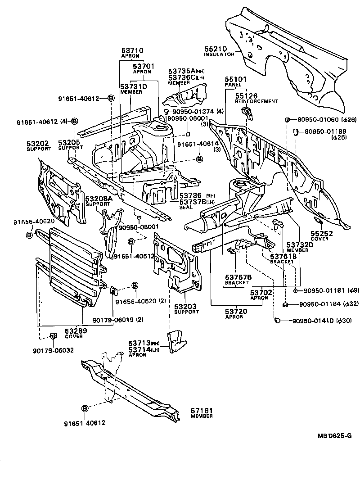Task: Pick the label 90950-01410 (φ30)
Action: click(x=318, y=320)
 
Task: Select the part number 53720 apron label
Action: click(x=234, y=311)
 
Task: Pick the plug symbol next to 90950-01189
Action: click(x=296, y=131)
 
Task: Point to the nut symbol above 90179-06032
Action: click(x=52, y=336)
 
